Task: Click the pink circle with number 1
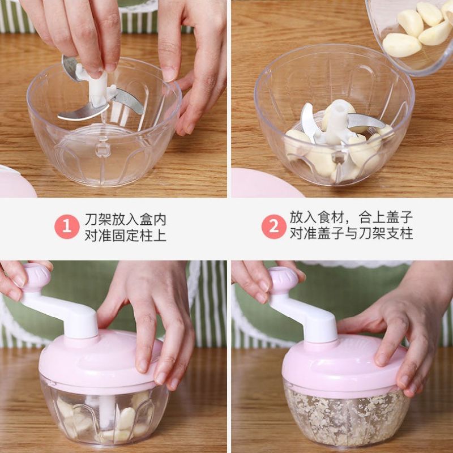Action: (x=67, y=226)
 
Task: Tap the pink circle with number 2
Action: (x=274, y=226)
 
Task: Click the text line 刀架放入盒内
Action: (x=125, y=220)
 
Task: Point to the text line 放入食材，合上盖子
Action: (x=351, y=217)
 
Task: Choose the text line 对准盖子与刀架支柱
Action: (x=351, y=233)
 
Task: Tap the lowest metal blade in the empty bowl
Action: (x=83, y=112)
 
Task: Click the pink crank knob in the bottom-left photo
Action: (x=36, y=277)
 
